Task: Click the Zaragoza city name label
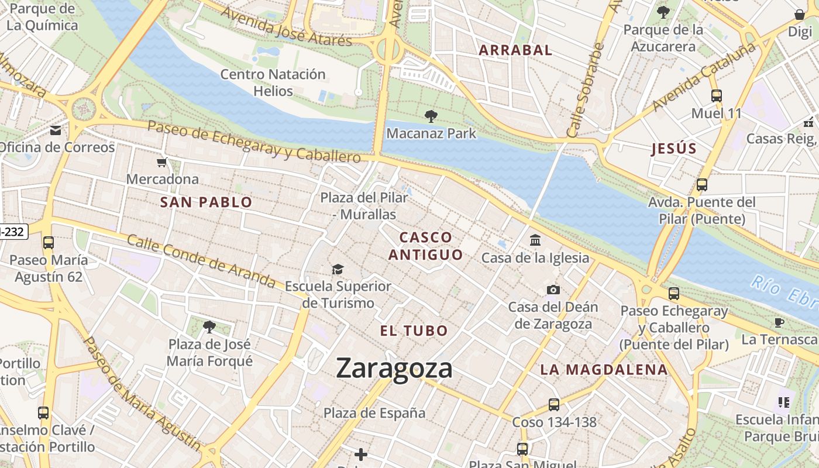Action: (x=394, y=368)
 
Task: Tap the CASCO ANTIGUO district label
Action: (x=425, y=246)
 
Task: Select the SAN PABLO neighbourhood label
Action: (x=206, y=202)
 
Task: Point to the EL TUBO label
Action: (x=414, y=331)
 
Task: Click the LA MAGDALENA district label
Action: (x=603, y=369)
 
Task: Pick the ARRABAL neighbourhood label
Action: (x=515, y=50)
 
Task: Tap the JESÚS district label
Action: (x=674, y=149)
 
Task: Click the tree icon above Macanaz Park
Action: (x=431, y=116)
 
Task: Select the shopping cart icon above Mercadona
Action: (x=162, y=162)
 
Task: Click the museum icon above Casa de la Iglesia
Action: (x=535, y=240)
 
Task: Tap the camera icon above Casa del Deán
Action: (x=553, y=290)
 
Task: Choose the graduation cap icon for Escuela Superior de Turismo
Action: (x=338, y=269)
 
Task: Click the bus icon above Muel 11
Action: (x=716, y=96)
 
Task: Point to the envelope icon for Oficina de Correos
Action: (x=56, y=130)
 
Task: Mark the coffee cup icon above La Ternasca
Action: (x=779, y=322)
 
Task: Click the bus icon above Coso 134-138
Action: (x=553, y=404)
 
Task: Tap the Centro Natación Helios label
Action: (x=273, y=82)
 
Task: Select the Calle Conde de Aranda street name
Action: (x=201, y=261)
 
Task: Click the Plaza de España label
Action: (x=374, y=413)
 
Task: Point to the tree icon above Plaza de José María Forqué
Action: (x=209, y=326)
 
